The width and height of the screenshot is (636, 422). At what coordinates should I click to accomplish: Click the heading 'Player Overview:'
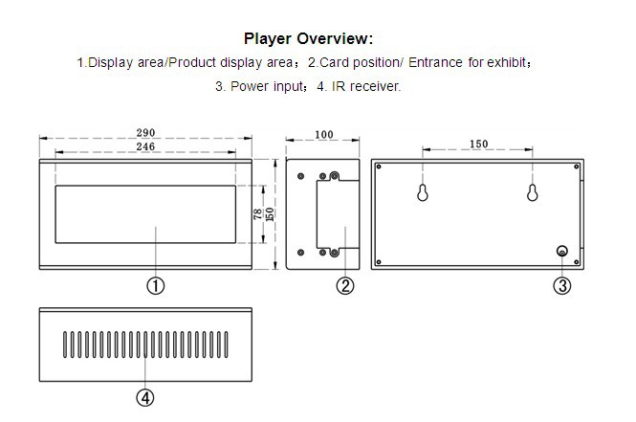pos(308,39)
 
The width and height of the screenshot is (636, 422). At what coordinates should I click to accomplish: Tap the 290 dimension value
pos(146,133)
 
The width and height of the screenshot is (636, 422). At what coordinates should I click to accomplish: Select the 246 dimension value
pos(145,147)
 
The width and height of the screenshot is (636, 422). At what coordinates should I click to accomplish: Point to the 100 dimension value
pos(324,135)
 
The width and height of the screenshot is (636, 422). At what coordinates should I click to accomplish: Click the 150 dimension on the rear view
pos(479,144)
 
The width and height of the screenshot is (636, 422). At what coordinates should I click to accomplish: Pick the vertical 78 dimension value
pos(257,214)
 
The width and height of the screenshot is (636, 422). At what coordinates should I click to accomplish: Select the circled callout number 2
pos(345,285)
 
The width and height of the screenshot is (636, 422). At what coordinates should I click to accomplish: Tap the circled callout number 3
pos(562,285)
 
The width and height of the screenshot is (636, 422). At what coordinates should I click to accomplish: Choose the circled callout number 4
pos(144,397)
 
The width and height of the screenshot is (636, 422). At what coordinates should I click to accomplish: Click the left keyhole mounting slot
pos(423,193)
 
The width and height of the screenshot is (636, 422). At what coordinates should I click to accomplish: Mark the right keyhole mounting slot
pos(532,193)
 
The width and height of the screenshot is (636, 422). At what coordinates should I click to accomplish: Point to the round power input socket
pos(562,252)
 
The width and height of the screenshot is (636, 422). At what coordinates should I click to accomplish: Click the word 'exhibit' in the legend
pos(507,63)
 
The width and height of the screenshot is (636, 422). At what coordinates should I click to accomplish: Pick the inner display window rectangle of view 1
pos(145,213)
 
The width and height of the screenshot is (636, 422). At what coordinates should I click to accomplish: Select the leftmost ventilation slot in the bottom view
pos(66,344)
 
